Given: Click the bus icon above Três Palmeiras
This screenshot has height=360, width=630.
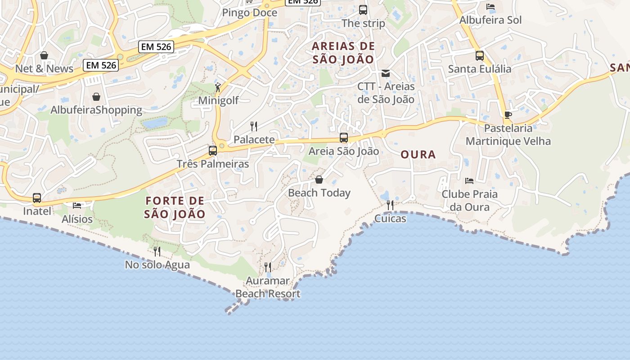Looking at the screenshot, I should coord(213,151).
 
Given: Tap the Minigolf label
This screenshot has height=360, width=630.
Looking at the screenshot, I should coord(219,100).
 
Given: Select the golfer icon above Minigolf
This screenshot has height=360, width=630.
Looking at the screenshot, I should coord(218,87).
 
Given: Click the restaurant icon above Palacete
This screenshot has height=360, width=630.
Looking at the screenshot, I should coord(254,126).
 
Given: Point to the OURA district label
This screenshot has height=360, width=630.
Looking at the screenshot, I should coord(418,155).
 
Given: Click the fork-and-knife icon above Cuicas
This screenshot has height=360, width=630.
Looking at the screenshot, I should coord(390,205).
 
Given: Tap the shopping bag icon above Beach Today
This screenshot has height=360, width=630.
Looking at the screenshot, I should coord(319,180).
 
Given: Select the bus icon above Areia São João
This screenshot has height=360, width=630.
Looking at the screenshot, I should coord(344,138).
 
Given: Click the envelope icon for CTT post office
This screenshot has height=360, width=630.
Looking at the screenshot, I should coord(386,73).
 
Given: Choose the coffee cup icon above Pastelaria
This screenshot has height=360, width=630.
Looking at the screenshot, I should coord(508,115).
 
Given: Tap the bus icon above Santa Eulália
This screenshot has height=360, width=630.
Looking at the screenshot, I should coord(480,56).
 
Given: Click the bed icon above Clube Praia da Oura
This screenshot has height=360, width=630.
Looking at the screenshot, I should coord(469,181).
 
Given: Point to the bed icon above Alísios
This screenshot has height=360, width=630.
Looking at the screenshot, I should coord(77,206).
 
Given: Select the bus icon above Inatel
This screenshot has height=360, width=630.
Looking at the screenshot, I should coord(37,198).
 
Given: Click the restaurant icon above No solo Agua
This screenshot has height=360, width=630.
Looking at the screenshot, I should coord(157,251).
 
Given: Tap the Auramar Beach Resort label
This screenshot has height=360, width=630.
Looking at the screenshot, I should coord(268,288).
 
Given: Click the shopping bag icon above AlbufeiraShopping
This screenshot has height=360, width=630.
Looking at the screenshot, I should coord(96,97).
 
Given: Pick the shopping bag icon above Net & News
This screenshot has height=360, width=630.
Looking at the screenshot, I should coord(44,55).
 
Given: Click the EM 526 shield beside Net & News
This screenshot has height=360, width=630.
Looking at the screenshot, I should coord(101,65).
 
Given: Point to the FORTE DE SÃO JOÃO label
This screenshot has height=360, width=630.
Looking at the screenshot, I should coord(175,207).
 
